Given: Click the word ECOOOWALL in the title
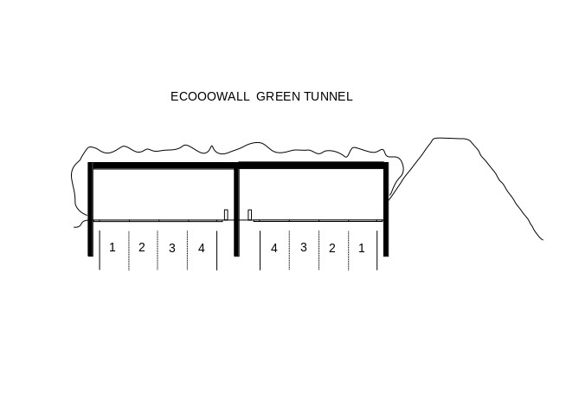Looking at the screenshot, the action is point(209,96).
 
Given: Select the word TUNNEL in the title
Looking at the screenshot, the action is point(329,96).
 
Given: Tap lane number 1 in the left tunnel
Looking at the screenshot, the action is point(113,247).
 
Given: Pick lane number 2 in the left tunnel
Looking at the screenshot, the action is point(142,247).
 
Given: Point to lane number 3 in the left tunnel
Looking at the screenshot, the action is point(171,248).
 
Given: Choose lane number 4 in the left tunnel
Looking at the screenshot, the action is point(202,248).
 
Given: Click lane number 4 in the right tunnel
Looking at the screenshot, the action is point(274,248).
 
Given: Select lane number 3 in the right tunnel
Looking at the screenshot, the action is point(304,247).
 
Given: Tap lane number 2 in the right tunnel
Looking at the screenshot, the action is point(332,248).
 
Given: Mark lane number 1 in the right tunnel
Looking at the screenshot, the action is point(362,248).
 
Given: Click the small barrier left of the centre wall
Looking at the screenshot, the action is point(226,215).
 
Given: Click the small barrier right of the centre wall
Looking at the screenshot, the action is point(249,215).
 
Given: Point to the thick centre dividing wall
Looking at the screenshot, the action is point(236,212).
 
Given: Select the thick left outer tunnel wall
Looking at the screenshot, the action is point(91,209).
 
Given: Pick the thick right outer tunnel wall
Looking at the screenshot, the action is point(386,209).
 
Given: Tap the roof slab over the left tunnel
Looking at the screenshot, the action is point(164,166).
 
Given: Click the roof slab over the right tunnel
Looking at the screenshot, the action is point(312,166).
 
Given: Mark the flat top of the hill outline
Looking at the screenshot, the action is point(451,139).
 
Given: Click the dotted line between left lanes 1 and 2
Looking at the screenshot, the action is point(129,251).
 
